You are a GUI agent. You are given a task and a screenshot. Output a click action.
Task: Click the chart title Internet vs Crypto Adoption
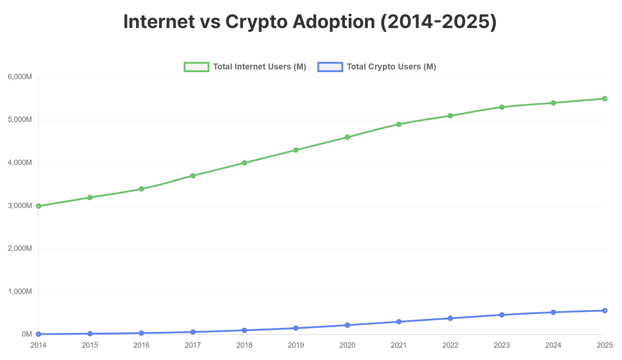click(310, 22)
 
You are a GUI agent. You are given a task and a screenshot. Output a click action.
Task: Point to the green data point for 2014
click(39, 206)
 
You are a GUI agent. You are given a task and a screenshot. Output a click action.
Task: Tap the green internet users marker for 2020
click(347, 137)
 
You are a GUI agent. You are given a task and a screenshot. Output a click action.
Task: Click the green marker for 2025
click(605, 99)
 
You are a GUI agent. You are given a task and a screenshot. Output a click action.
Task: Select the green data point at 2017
click(193, 176)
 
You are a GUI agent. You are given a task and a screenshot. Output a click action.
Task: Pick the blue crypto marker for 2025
click(605, 311)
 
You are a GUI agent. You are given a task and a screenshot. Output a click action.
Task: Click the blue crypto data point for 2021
click(399, 322)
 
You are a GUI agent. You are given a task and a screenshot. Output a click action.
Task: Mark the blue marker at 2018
click(245, 330)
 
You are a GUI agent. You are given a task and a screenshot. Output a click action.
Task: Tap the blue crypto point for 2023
click(502, 315)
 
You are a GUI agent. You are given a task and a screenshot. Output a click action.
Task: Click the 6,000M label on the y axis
click(20, 77)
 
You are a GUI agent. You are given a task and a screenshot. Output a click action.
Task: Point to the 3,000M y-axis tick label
click(20, 206)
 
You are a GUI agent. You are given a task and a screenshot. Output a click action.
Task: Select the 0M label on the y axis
click(27, 334)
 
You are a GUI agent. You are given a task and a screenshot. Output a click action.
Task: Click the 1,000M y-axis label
click(20, 292)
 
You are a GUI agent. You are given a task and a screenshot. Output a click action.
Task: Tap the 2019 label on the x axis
click(296, 345)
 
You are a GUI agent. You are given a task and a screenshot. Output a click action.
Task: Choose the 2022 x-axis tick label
click(450, 345)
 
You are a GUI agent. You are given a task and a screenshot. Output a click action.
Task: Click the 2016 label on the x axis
click(142, 345)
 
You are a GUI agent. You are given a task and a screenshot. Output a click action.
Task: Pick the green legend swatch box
click(196, 67)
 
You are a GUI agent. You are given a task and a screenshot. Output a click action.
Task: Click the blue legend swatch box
click(330, 67)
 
